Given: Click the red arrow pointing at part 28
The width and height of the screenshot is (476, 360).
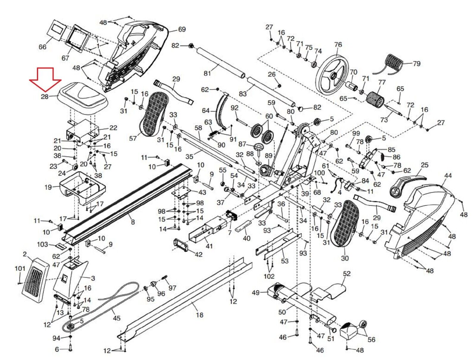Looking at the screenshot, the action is coord(45,79).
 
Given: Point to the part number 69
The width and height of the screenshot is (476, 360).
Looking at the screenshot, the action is coord(182,29).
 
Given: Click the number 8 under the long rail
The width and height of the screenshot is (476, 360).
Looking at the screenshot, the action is coord(133,222).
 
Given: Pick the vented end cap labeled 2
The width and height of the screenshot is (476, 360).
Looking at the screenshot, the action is coord(36,280).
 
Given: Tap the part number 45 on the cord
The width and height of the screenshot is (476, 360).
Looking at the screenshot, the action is coord(117,318).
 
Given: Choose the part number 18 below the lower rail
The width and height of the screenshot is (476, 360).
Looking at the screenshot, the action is coord(200,315).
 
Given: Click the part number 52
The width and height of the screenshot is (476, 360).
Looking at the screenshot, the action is coord(347,274).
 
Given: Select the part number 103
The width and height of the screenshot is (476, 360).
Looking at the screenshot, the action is coord(43,244).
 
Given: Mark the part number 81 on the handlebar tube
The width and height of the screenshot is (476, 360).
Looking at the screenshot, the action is coord(207,73).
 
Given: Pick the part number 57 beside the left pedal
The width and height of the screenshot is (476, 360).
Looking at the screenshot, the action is coord(133,138).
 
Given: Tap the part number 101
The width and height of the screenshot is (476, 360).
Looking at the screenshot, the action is coord(20,269).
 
